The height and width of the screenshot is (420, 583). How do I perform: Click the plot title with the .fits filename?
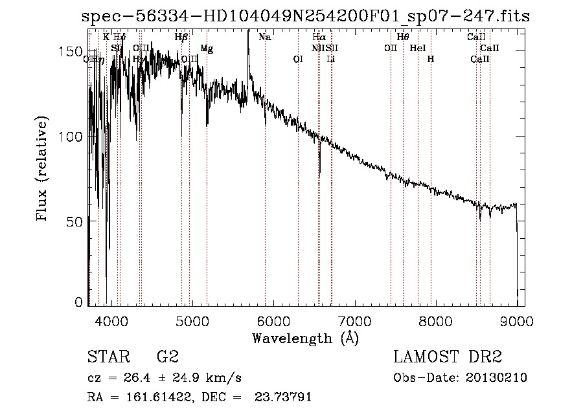click(x=306, y=16)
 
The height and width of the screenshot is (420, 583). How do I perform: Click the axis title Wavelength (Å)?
click(x=305, y=338)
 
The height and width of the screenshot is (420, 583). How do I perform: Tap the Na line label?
click(x=264, y=38)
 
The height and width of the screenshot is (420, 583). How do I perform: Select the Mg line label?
click(x=207, y=49)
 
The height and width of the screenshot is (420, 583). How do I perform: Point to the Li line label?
click(x=331, y=60)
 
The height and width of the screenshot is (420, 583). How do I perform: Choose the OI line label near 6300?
click(x=298, y=60)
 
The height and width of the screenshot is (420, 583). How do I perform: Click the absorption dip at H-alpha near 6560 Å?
click(x=319, y=171)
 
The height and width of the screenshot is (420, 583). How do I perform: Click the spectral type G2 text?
click(x=168, y=357)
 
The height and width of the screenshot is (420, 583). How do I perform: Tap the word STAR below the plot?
click(x=107, y=357)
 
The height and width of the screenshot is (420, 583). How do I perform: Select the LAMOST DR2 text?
click(x=448, y=357)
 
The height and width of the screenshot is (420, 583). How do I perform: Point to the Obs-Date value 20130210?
click(x=496, y=378)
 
